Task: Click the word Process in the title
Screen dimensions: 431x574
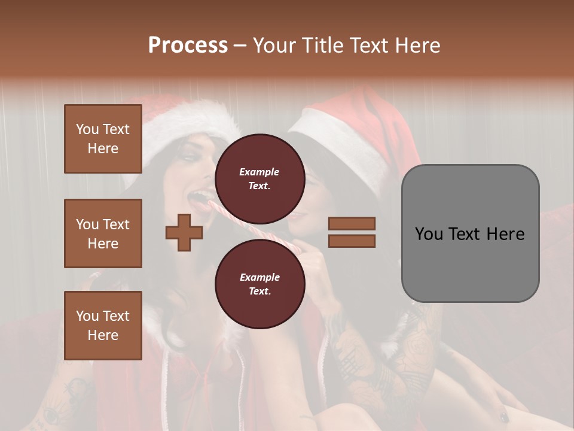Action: pos(188,45)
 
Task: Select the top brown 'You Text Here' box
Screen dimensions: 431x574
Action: pos(103,139)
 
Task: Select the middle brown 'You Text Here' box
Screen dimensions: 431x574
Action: pos(103,233)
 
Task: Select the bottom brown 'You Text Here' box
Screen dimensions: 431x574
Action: pos(103,326)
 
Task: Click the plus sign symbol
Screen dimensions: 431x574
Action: pos(184,232)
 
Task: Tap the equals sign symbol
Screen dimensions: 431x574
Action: pos(352,232)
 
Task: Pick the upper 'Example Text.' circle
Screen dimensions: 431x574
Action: pos(259,178)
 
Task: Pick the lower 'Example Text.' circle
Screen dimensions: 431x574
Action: pos(259,284)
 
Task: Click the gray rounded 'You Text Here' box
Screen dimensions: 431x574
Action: pos(470,233)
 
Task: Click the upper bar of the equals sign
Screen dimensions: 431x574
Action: pos(352,223)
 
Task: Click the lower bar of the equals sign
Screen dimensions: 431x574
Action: pos(352,241)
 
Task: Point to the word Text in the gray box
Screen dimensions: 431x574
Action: pos(469,233)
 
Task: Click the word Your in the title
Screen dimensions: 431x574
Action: pos(274,45)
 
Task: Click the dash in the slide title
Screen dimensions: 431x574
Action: pos(240,45)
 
